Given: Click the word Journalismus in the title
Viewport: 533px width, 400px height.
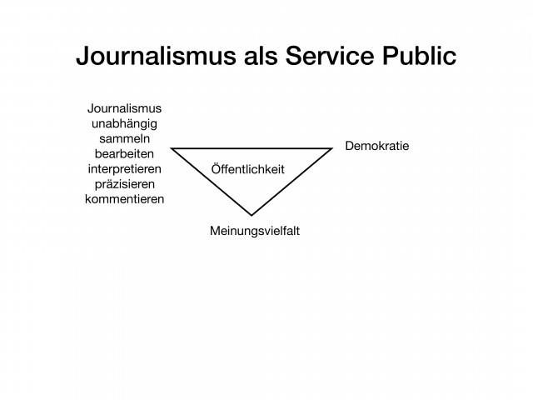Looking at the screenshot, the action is tap(156, 56).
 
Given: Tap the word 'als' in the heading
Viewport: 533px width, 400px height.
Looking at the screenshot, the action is tap(261, 56).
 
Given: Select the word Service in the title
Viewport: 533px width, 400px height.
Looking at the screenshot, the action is tap(330, 56).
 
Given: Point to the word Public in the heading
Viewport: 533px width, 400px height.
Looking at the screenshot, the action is tap(420, 56).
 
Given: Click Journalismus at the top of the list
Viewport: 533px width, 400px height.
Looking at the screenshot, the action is tap(124, 108).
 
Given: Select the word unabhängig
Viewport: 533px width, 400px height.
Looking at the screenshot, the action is tap(124, 124).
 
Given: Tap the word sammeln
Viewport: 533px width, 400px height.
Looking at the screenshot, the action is tap(124, 139).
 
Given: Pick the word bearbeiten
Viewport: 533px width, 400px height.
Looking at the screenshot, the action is tap(124, 153).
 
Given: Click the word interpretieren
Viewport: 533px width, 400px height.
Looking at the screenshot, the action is tap(124, 169).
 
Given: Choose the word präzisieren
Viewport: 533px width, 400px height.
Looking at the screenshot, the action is tap(124, 184).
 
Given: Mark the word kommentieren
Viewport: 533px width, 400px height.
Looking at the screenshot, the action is tap(124, 199).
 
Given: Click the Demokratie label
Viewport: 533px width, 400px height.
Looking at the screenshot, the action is tap(377, 146).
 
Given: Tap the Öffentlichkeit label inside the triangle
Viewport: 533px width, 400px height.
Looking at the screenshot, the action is tap(248, 169).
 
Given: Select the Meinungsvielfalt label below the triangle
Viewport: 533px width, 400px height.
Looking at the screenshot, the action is tap(255, 231).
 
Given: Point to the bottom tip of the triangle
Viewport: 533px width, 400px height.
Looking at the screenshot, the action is tap(252, 215).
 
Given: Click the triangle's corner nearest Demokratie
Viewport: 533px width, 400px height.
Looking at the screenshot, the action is tap(331, 148).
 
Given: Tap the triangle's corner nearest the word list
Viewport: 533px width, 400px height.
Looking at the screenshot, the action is tap(171, 148).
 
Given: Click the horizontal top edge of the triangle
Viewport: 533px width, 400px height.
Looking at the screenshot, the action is tap(252, 148).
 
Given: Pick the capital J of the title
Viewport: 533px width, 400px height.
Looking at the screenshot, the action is tap(82, 56).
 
